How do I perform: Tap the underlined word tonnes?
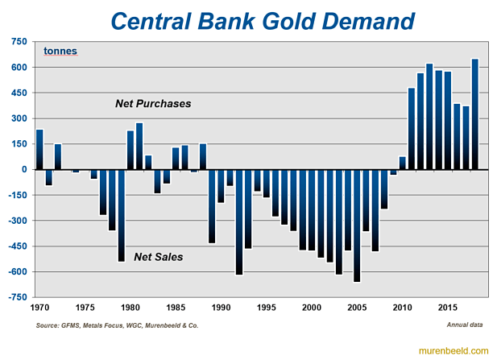(60, 51)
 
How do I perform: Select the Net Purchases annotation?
(152, 104)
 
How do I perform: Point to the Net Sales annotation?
(159, 257)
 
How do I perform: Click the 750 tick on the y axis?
(19, 42)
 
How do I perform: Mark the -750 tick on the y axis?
(18, 297)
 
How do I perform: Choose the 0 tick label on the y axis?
(25, 170)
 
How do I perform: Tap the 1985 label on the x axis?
(175, 308)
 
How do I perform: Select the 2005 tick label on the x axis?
(358, 308)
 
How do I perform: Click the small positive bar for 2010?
(403, 163)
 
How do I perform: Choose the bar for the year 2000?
(312, 209)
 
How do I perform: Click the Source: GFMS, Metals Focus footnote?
(117, 325)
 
